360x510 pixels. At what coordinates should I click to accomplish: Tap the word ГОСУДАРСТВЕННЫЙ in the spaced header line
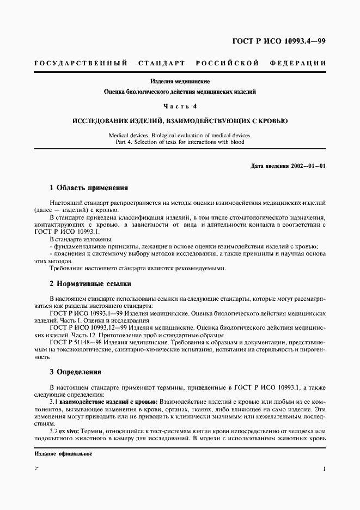81,63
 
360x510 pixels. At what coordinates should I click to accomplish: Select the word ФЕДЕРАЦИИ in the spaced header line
298,63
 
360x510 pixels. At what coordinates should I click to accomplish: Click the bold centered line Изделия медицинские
180,81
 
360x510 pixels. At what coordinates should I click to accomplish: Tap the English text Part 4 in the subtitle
124,142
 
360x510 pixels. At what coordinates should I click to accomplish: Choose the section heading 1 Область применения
88,188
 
